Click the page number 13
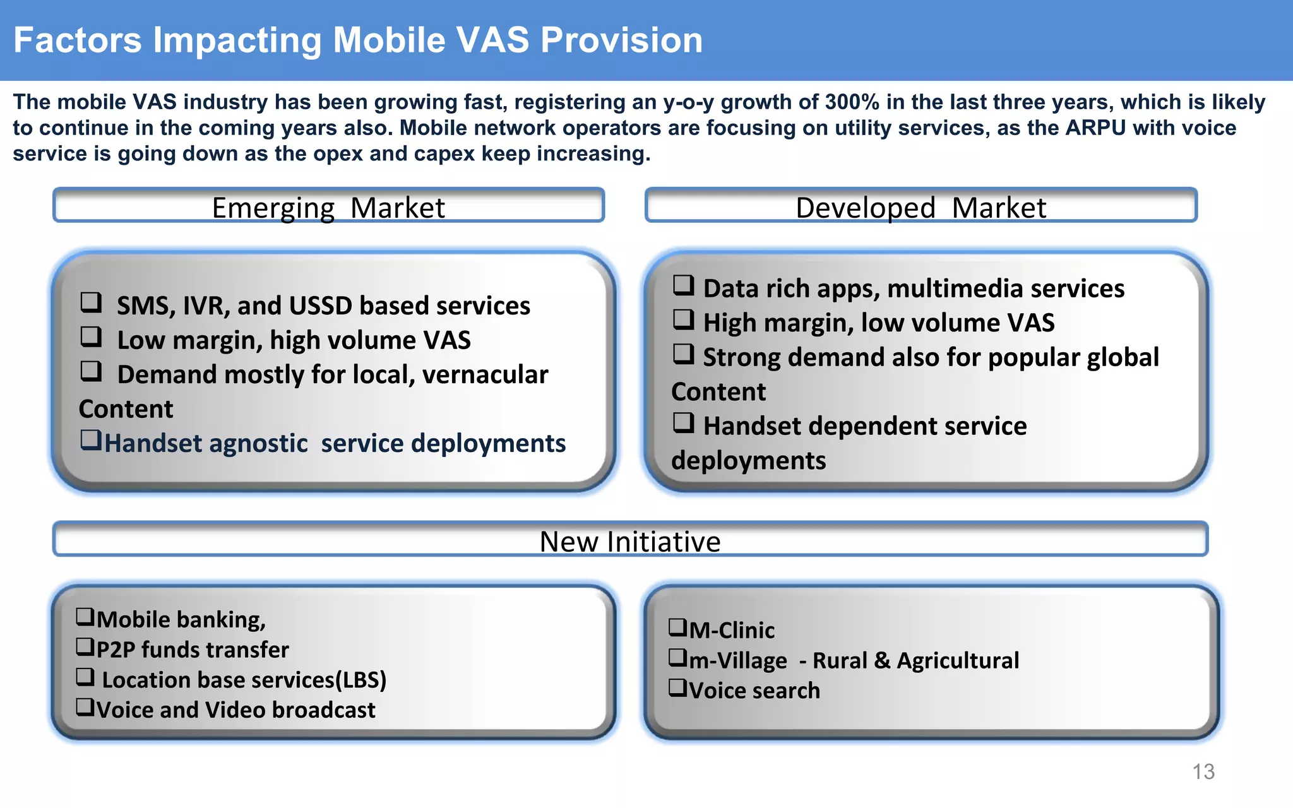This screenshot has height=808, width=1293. point(1203,771)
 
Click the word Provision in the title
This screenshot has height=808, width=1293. point(621,40)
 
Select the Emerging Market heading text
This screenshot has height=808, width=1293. point(328,208)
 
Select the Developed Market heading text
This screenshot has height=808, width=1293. point(921,208)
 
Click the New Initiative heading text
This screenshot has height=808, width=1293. point(630,542)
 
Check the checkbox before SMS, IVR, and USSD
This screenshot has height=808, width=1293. point(91,302)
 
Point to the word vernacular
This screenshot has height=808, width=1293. point(485,375)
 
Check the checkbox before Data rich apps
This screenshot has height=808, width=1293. point(683,285)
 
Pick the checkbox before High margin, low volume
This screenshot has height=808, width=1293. point(683,319)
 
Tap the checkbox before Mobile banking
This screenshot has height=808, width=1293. point(85,616)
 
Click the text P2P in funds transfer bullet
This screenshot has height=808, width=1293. point(116,650)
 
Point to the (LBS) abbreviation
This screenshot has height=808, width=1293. point(360,680)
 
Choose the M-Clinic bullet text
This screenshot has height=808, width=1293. point(731,631)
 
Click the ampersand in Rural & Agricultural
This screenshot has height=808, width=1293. point(882,661)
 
